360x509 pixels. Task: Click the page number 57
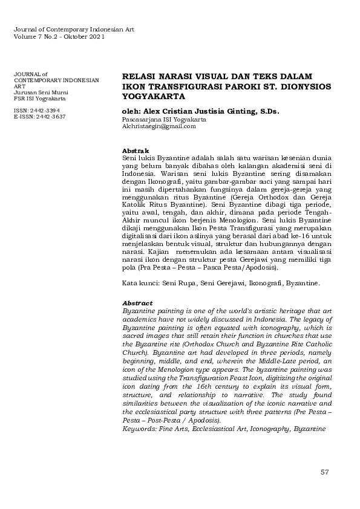324,472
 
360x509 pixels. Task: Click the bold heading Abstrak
133,150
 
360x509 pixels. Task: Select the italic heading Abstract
137,303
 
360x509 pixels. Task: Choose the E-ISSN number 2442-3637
50,117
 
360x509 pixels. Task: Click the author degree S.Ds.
268,111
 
